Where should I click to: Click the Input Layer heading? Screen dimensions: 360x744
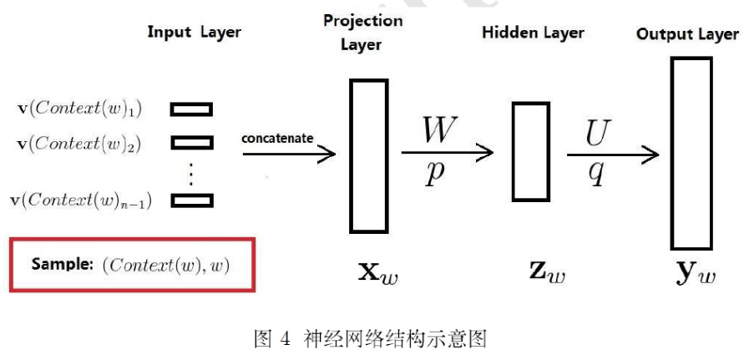coord(194,33)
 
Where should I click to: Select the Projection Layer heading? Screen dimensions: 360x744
coord(362,32)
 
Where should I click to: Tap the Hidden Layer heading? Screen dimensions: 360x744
coord(533,33)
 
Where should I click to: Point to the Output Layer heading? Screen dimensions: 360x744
coord(687,34)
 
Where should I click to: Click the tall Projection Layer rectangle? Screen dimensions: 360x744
coord(368,155)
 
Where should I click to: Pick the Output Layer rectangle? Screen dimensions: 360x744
coord(691,154)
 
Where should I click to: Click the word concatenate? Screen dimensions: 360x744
coord(278,138)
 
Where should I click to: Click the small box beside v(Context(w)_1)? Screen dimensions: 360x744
coord(191,109)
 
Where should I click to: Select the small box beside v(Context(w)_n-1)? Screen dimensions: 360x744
coord(191,200)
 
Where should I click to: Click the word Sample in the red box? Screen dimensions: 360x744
coord(63,264)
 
